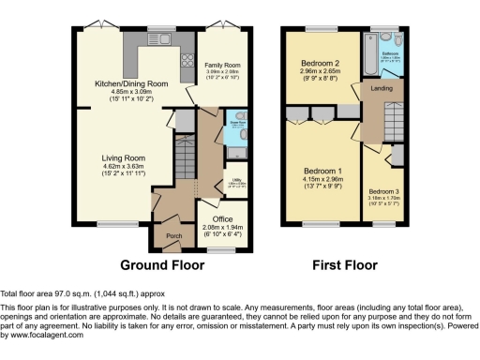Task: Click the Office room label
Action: point(222,219)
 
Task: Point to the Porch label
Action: point(173,235)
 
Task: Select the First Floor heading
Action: point(346,263)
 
